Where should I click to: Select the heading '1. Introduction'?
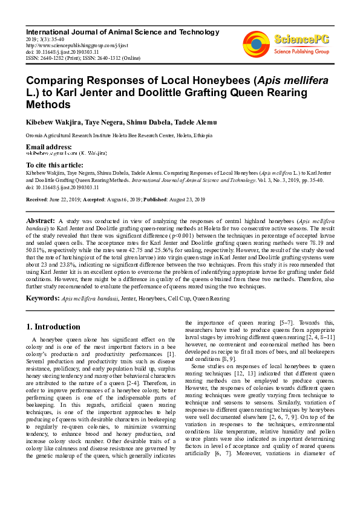[53, 327]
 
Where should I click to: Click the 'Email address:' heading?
[49, 147]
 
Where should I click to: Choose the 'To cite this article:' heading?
[54, 165]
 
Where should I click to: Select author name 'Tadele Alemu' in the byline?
[195, 123]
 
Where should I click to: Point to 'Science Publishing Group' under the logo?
[300, 52]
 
